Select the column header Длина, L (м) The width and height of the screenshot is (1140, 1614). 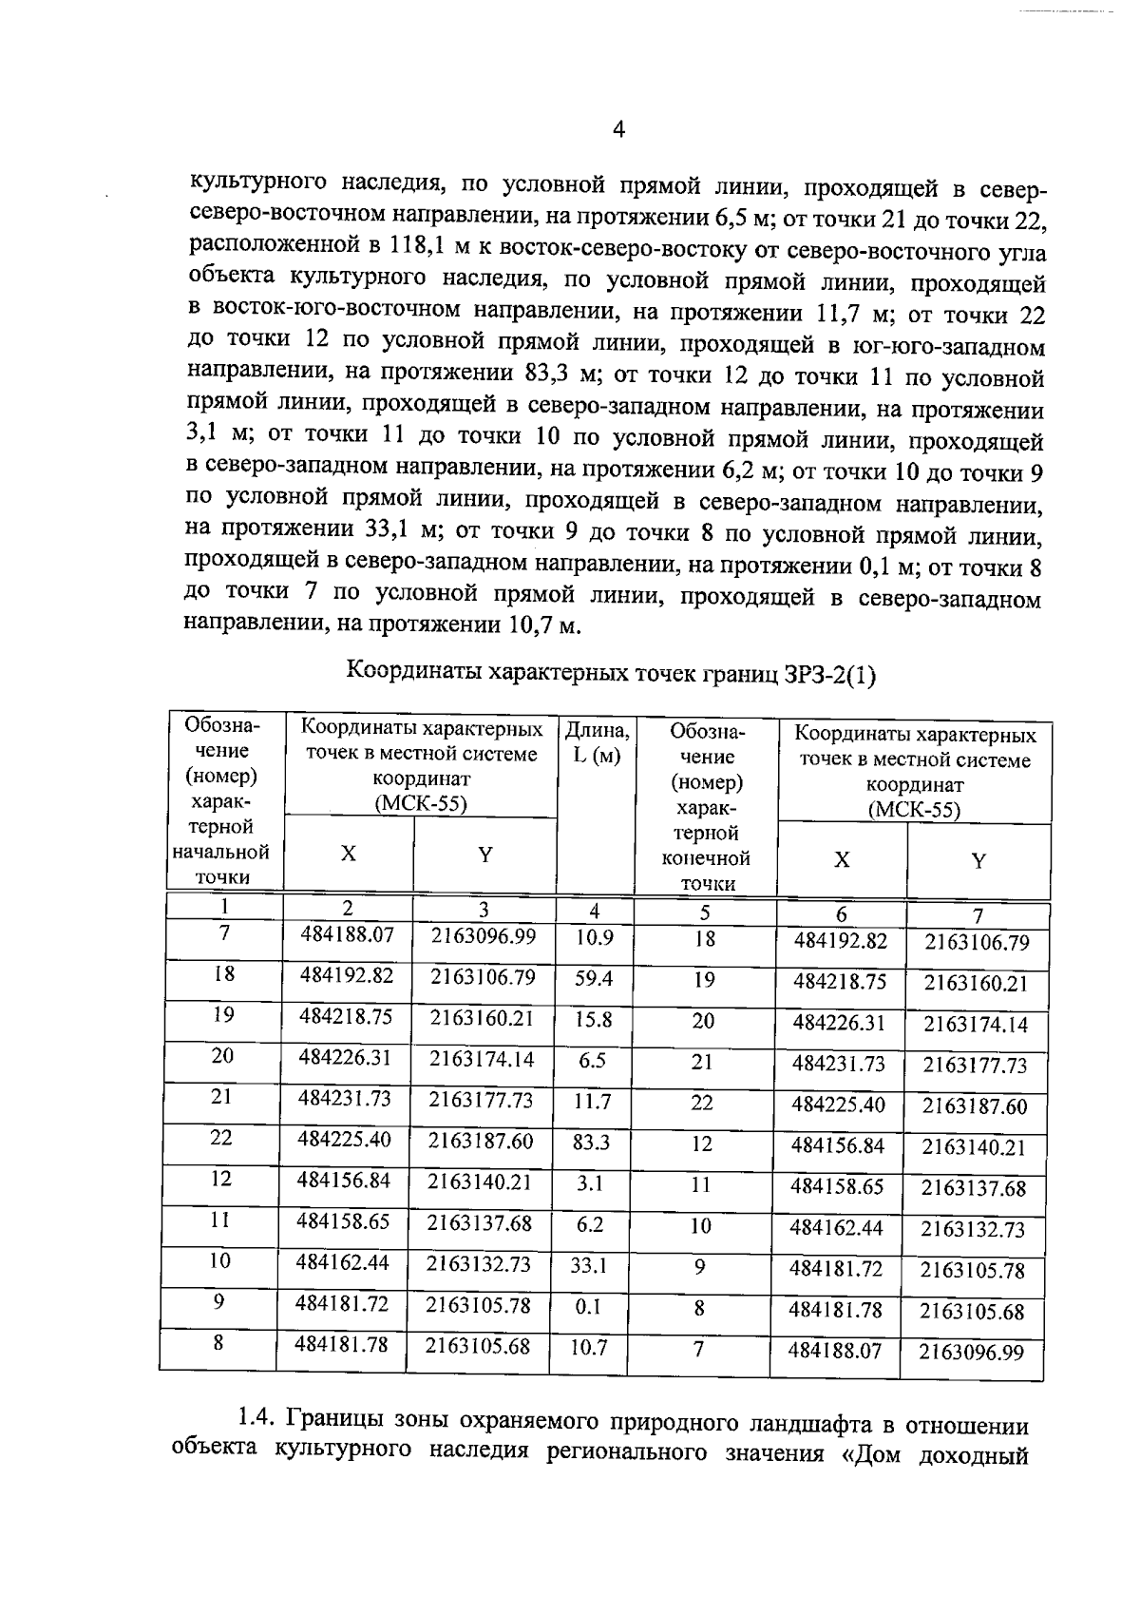coord(597,744)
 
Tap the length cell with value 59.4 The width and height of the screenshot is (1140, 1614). coord(595,978)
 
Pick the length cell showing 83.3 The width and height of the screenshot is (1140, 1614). coord(591,1143)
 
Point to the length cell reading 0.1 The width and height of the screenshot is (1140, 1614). coord(588,1307)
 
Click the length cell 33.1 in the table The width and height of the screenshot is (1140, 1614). coord(589,1266)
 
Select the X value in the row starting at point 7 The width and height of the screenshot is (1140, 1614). coord(347,935)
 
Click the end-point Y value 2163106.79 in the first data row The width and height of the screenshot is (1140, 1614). coord(976,943)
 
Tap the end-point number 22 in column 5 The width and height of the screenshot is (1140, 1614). coord(701,1104)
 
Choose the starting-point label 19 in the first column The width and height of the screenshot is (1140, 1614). coord(223,1015)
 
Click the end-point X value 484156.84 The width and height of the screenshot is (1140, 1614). coord(837,1145)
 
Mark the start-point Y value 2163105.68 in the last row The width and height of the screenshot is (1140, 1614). coord(479,1347)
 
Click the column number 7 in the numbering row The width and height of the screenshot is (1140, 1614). coord(978,917)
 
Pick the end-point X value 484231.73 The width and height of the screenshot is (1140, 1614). coord(838,1064)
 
